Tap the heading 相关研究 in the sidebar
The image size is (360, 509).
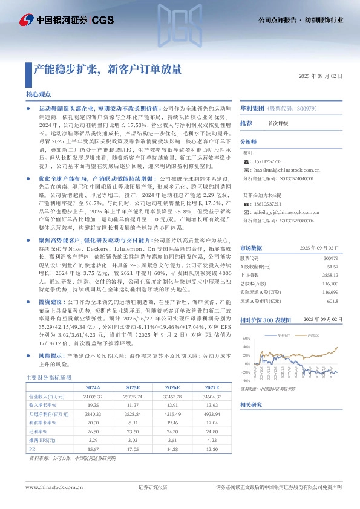251,404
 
